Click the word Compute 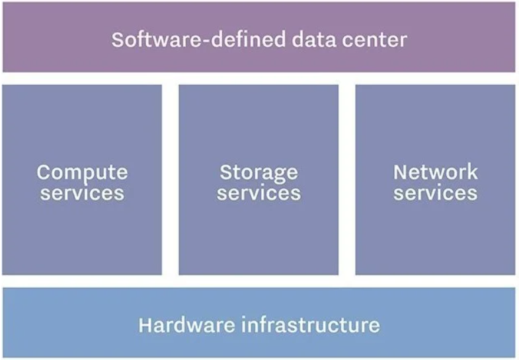pos(82,173)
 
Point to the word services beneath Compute pos(82,193)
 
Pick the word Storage pos(259,173)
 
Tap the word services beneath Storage pos(259,193)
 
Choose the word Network pos(435,173)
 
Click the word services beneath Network pos(435,193)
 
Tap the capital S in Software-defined pos(118,40)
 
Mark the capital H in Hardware pos(145,325)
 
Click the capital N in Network pos(401,173)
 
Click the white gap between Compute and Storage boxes pos(170,179)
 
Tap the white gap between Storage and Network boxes pos(346,179)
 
